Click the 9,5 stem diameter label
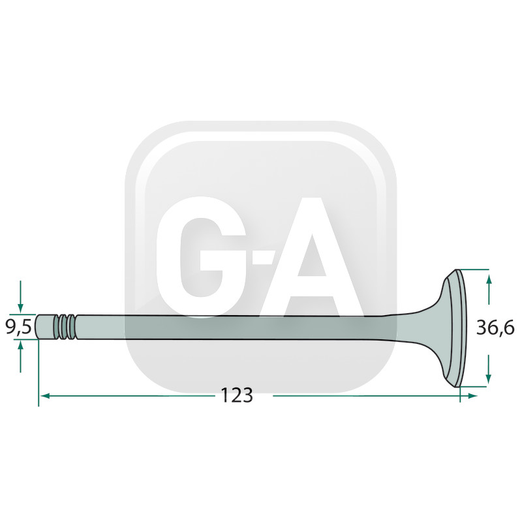tap(19, 327)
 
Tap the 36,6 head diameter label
tap(495, 328)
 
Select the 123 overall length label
tap(237, 395)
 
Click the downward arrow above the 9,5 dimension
tap(21, 297)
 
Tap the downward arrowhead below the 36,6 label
tap(488, 378)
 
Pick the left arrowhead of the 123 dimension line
tap(44, 396)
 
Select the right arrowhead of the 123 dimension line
tap(472, 396)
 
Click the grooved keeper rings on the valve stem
tap(67, 327)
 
